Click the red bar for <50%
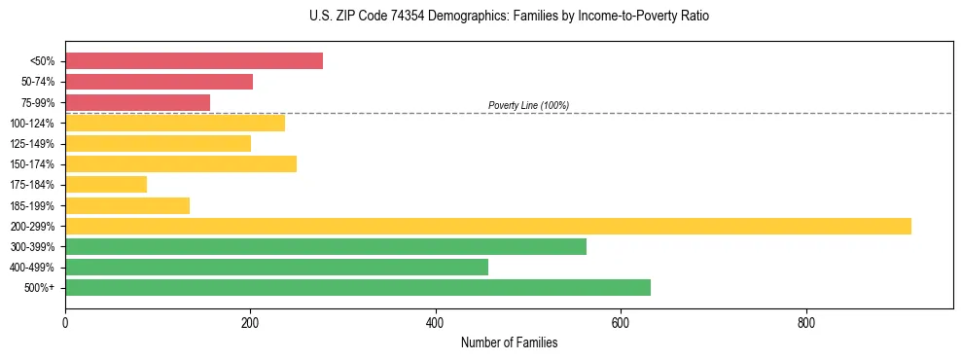coord(194,60)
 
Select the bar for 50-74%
coord(159,82)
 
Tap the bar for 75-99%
coord(137,102)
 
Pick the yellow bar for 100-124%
coord(175,123)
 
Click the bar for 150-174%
coord(181,163)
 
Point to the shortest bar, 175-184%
coord(106,184)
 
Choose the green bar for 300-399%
coord(326,246)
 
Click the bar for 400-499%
coord(276,267)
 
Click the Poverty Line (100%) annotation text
coord(528,105)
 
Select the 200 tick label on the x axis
coord(250,322)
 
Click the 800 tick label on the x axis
coord(805,322)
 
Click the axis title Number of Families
coord(509,342)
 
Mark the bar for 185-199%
coord(127,205)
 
